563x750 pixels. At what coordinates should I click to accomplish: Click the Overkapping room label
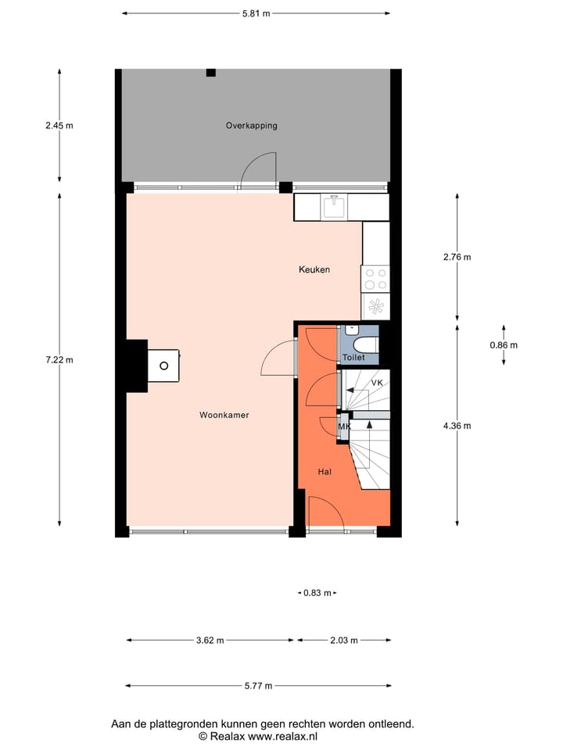tap(251, 126)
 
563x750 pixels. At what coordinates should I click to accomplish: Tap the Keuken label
tap(314, 270)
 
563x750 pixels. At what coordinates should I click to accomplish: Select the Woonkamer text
tap(224, 416)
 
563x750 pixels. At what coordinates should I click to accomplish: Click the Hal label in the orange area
tap(325, 472)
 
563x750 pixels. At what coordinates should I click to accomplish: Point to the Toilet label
tap(353, 358)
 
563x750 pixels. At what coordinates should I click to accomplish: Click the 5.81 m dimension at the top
tap(256, 13)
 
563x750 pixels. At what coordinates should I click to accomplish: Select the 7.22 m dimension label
tap(59, 360)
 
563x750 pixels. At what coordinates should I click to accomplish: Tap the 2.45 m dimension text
tap(59, 126)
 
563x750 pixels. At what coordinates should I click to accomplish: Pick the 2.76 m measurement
tap(457, 257)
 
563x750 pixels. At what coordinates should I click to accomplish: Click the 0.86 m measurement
tap(504, 345)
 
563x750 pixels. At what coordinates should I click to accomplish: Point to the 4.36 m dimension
tap(457, 426)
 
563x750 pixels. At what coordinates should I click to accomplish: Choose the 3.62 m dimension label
tap(210, 641)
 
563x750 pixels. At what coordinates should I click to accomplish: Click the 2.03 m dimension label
tap(343, 641)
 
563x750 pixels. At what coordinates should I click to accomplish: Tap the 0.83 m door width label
tap(317, 594)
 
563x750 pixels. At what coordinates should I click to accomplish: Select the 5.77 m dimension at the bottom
tap(257, 686)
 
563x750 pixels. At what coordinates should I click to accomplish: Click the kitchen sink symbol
tap(334, 207)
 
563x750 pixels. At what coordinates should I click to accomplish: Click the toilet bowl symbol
tap(365, 343)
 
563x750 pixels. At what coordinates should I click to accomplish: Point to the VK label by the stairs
tap(377, 384)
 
